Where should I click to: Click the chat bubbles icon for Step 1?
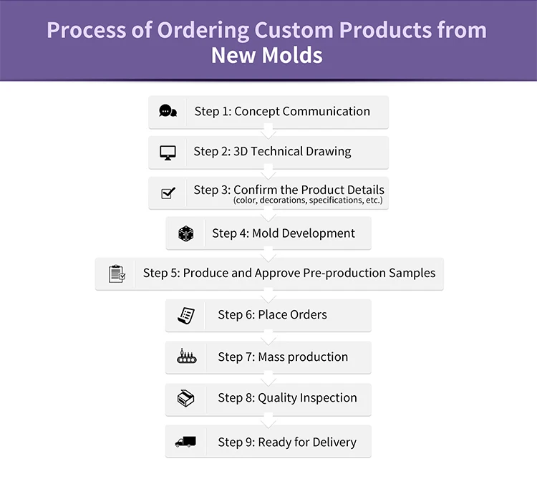tap(168, 112)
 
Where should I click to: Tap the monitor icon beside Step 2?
tap(168, 153)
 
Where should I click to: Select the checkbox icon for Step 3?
tap(168, 193)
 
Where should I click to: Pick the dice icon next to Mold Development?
tap(185, 233)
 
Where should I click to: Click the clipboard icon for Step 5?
tap(117, 274)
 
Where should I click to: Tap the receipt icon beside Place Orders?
tap(185, 315)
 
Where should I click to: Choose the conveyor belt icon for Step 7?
tap(185, 357)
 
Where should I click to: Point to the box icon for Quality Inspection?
tap(185, 398)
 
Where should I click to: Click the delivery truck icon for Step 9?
tap(185, 442)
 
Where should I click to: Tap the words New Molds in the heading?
tap(267, 55)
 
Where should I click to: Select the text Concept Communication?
tap(302, 112)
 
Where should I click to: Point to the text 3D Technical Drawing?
tap(292, 152)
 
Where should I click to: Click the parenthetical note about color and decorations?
tap(308, 201)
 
